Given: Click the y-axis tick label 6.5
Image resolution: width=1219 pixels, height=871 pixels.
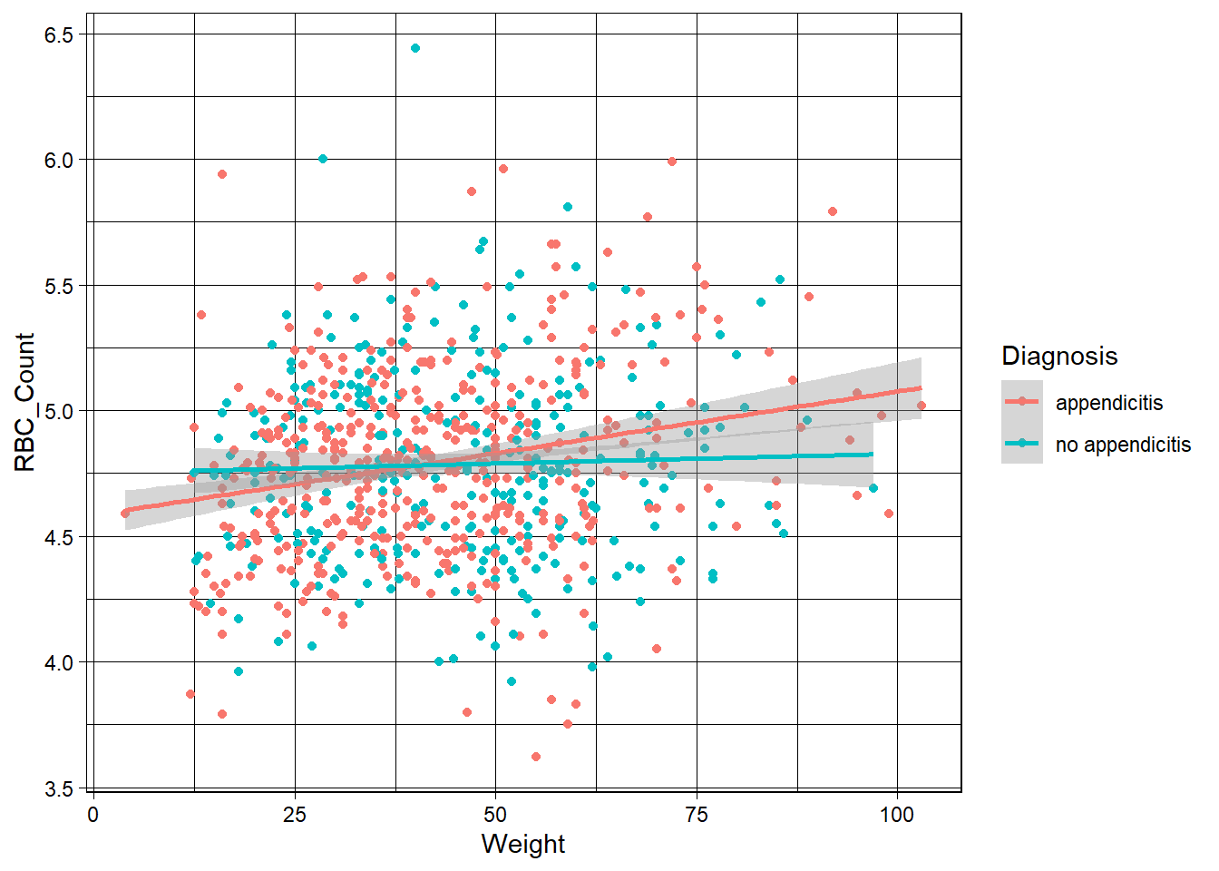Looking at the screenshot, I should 61,34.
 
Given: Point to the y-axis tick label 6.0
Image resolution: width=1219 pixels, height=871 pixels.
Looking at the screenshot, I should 61,160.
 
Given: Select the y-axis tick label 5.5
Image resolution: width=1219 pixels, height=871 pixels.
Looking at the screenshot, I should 61,286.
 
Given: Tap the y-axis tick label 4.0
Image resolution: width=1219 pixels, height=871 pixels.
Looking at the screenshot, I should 61,662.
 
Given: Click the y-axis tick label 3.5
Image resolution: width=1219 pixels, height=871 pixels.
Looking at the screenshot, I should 61,788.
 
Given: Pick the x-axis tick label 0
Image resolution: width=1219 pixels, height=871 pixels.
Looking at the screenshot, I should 93,815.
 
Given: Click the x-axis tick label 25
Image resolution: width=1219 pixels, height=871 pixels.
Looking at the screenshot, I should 295,815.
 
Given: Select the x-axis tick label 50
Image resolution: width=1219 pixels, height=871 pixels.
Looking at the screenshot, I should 495,815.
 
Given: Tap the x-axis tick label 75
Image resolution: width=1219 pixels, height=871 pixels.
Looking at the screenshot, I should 697,815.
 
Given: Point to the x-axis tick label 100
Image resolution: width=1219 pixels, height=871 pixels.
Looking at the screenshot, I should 897,815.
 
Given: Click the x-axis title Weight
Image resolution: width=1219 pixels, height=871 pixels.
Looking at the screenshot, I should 523,844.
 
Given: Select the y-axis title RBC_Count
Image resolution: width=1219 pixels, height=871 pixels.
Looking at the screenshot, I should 25,402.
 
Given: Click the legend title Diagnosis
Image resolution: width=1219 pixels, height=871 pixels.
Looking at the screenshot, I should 1059,356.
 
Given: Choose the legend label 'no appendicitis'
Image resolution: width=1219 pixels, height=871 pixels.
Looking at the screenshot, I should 1123,445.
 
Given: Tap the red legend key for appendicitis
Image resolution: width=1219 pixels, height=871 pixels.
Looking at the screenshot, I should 1022,402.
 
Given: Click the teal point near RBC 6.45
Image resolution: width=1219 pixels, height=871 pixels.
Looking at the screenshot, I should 415,48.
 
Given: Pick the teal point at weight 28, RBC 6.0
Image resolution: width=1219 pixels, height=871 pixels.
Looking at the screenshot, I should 323,159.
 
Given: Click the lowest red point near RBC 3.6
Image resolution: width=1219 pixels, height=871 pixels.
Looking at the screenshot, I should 536,757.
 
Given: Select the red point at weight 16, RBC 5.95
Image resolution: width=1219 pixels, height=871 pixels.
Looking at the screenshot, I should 222,174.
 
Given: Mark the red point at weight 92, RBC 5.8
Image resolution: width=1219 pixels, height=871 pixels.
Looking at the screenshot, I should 833,211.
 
